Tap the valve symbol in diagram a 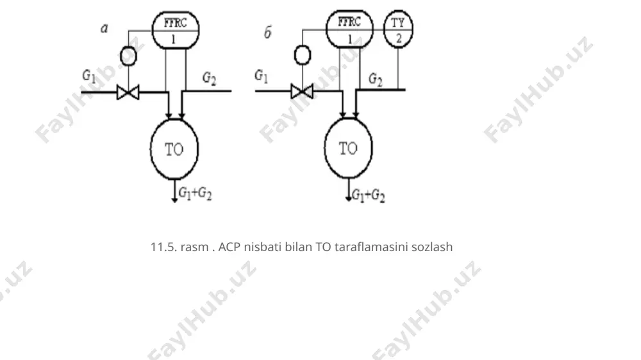point(128,92)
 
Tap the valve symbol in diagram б point(302,91)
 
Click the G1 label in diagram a point(89,76)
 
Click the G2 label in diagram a point(210,78)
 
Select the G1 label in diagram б point(262,76)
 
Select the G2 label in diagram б point(375,79)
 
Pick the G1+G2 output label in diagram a point(196,193)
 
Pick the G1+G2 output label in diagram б point(369,195)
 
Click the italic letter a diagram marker point(104,28)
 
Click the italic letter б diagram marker point(268,32)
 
